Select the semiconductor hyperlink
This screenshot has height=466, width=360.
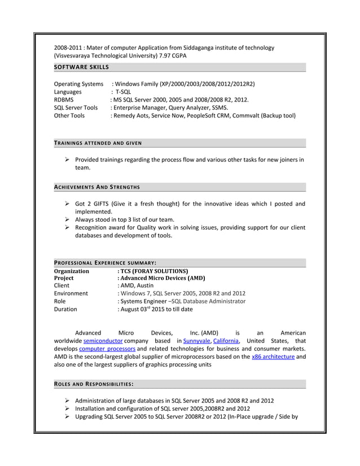point(103,341)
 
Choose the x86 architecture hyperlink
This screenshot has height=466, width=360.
point(273,357)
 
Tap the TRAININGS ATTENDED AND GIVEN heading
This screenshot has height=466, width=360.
point(98,143)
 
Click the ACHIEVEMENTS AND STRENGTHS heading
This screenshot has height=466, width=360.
point(96,187)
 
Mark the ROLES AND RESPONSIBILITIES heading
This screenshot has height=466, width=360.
point(93,384)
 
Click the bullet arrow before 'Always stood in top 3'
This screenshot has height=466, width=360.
point(67,219)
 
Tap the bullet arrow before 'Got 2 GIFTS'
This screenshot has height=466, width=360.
point(67,204)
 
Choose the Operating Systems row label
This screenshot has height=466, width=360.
point(78,84)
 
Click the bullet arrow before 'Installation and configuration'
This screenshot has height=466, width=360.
point(67,409)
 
